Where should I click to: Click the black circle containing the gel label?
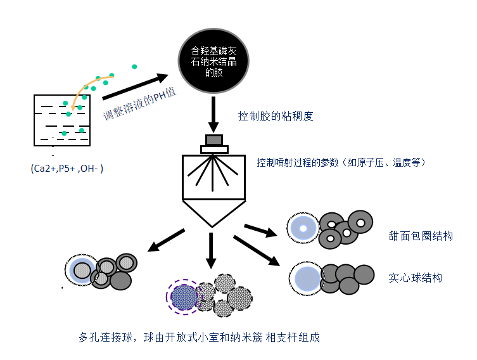point(213,61)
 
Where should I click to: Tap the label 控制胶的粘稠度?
point(276,116)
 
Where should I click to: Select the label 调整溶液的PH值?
point(140,104)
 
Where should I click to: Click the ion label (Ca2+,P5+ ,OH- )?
point(67,169)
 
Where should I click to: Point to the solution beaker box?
point(62,120)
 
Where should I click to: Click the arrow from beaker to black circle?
point(136,86)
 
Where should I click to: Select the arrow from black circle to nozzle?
point(213,115)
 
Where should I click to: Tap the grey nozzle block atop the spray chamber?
point(214,140)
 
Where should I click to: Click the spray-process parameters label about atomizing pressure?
point(341,162)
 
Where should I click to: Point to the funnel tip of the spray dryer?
point(212,227)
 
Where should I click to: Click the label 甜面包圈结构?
point(421,236)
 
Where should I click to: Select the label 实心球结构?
point(416,278)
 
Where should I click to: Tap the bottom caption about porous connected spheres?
point(200,337)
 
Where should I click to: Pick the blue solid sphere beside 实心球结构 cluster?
point(308,279)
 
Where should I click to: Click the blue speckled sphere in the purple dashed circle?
point(184,297)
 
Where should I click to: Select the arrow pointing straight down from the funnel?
point(211,250)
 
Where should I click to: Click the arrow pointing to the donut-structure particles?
point(260,231)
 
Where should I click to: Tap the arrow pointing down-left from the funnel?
point(166,240)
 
